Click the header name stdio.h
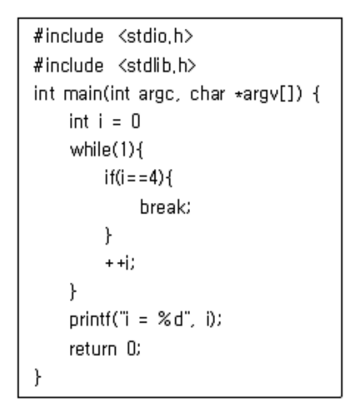[155, 36]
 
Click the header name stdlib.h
[157, 65]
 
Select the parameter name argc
[156, 95]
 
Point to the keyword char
[207, 94]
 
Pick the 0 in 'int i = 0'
[135, 122]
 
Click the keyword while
[91, 150]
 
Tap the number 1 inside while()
[124, 150]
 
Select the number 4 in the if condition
[153, 178]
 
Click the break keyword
[165, 207]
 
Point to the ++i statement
[120, 263]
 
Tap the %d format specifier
[170, 319]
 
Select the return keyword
[93, 349]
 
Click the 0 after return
[132, 349]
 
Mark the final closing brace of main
[38, 377]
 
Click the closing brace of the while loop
[73, 292]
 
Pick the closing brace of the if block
[108, 235]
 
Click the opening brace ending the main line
[316, 94]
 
